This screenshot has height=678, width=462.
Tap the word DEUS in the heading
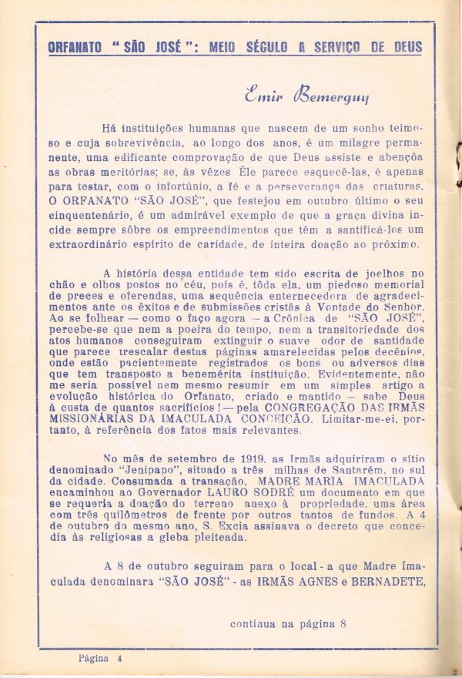pyautogui.click(x=403, y=46)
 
